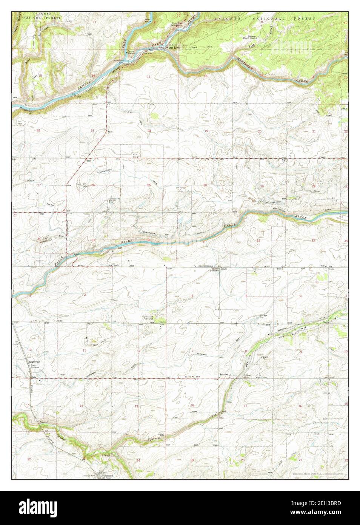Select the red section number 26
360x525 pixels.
tap(93, 185)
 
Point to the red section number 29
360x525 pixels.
tap(262, 187)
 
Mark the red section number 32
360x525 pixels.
tap(258, 240)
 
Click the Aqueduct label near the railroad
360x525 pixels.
tap(40, 422)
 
